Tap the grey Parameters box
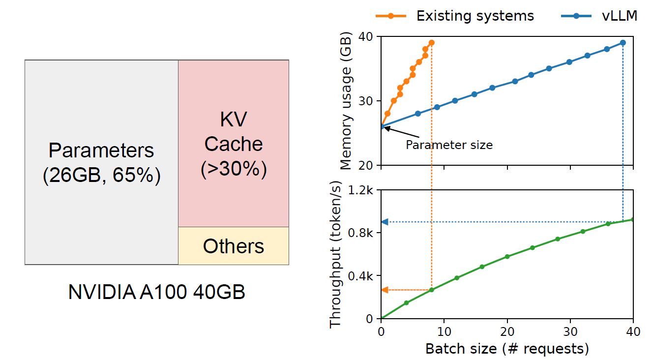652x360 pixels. [x=101, y=162]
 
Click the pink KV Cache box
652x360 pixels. [x=234, y=144]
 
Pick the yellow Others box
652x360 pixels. [x=234, y=246]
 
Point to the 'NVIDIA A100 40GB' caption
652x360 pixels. [x=157, y=293]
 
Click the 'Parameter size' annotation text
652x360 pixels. [x=449, y=145]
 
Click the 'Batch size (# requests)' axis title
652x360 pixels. [x=507, y=349]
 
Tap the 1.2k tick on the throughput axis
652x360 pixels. [x=364, y=190]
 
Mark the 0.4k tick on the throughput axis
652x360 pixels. [x=364, y=275]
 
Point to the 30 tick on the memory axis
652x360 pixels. [x=368, y=101]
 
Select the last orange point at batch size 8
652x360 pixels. [x=431, y=43]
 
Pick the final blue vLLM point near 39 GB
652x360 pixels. [x=622, y=43]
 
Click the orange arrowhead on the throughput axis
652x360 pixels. [x=385, y=290]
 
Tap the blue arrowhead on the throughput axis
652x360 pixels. [x=385, y=222]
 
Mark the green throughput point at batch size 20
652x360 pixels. [x=507, y=257]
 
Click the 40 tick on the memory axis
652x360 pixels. [x=368, y=37]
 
